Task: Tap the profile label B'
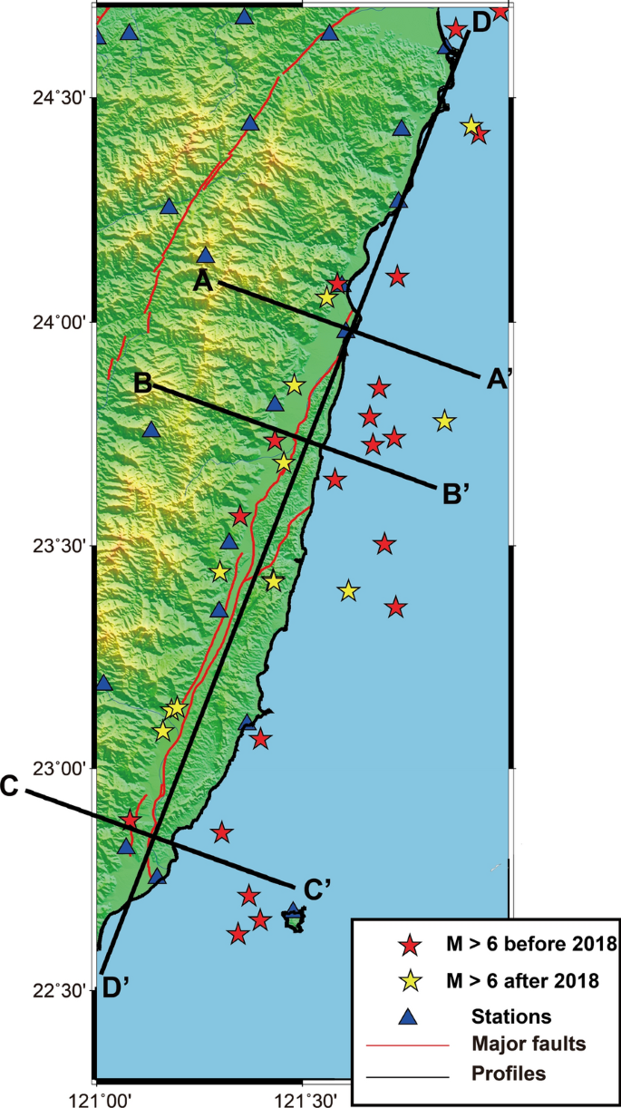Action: point(456,495)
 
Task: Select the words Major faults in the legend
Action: point(529,1044)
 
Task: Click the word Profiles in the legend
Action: point(509,1074)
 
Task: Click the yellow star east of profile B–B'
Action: point(444,421)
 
